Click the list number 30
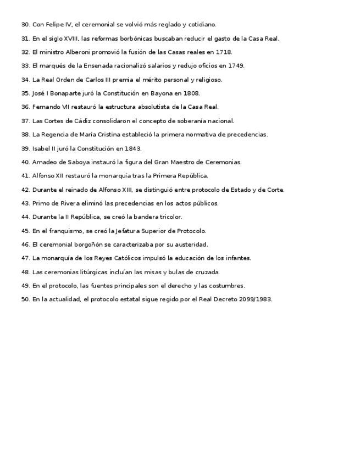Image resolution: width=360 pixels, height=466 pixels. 25,25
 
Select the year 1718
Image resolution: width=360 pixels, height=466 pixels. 224,52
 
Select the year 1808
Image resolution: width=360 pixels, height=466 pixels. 191,93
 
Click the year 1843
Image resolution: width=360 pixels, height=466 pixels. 133,148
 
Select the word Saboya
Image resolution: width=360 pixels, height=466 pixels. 74,162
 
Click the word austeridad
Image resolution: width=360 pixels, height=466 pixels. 191,245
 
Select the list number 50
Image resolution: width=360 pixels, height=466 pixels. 25,299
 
